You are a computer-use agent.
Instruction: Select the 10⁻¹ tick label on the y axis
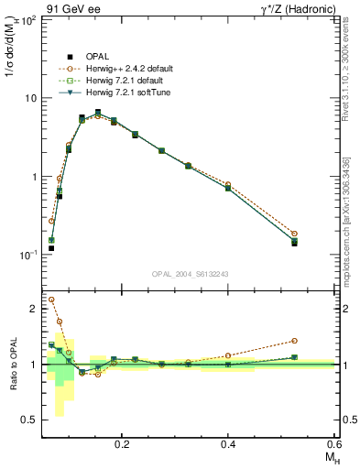click(27, 255)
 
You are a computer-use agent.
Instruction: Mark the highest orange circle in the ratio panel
click(51, 300)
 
